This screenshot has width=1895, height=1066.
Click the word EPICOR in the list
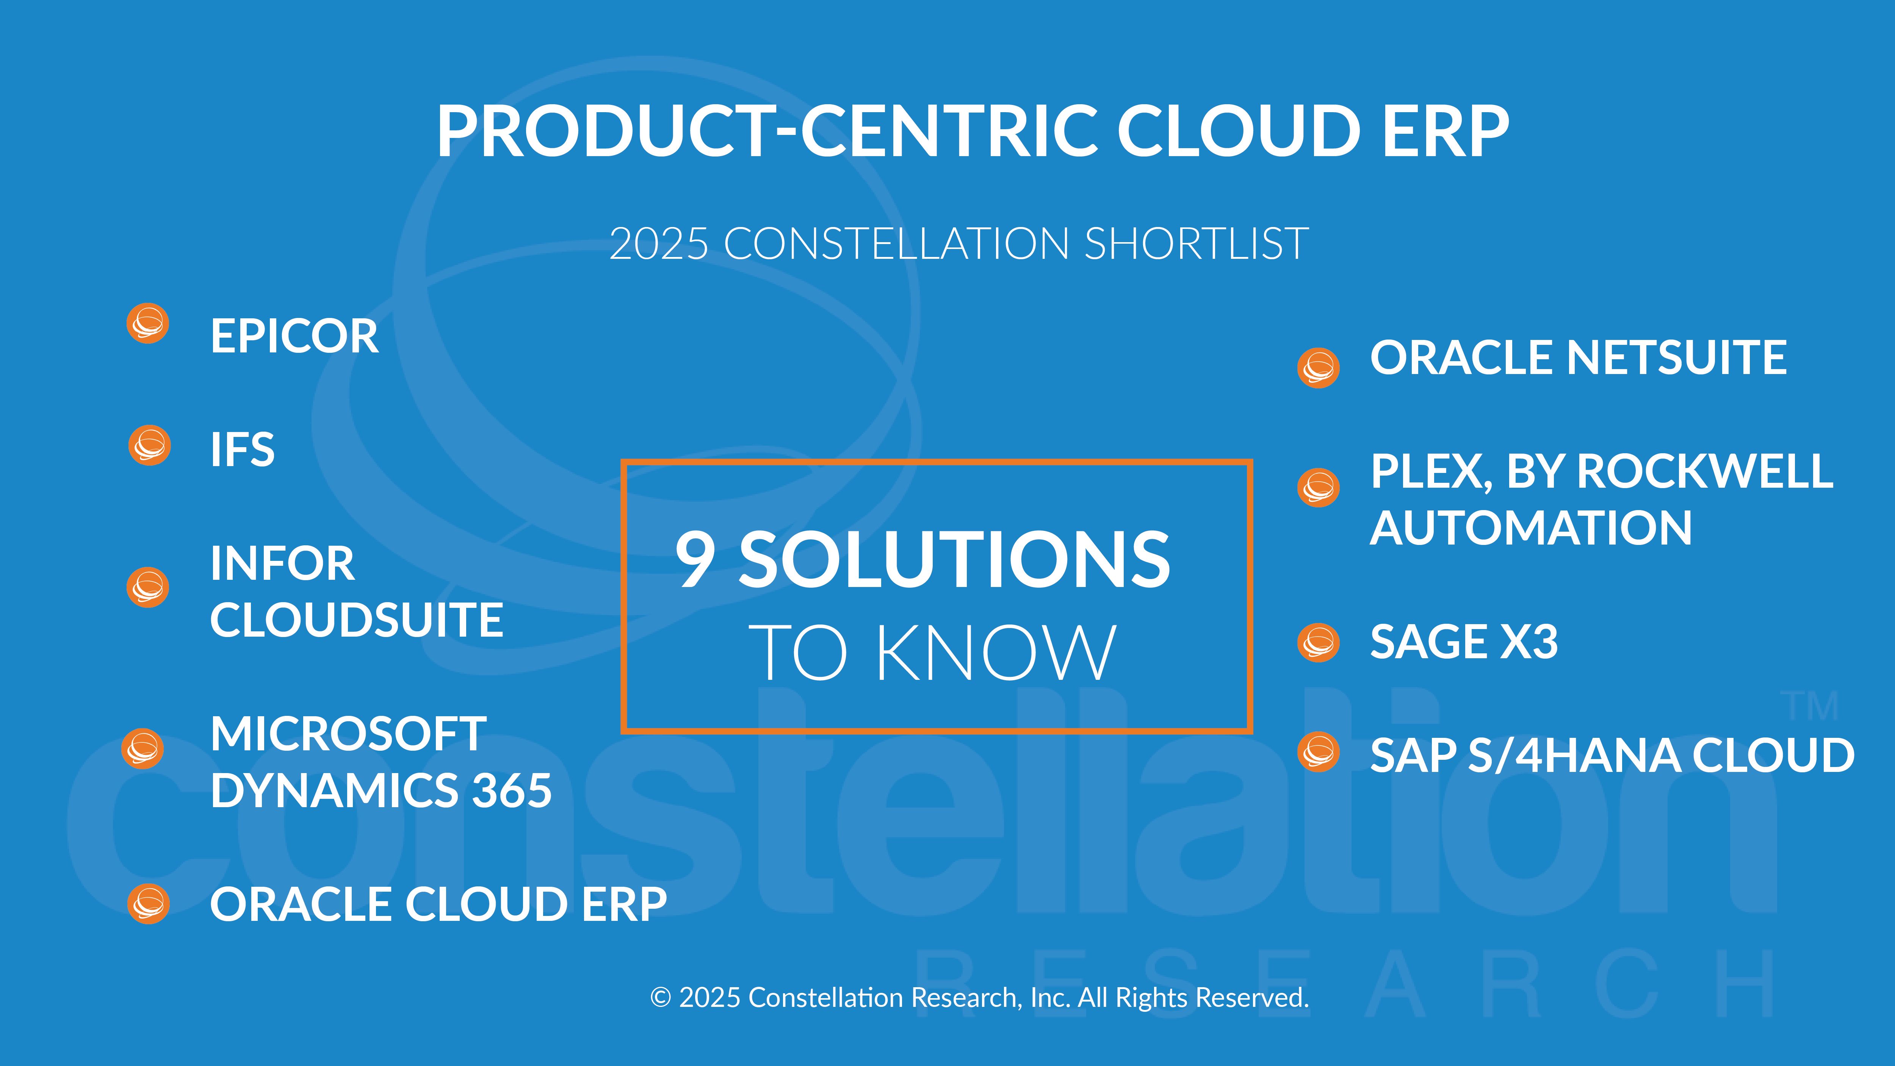[294, 336]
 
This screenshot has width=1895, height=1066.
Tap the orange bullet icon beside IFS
[149, 445]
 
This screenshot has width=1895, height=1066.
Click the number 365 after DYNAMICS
[512, 790]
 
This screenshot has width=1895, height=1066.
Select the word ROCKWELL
[1706, 471]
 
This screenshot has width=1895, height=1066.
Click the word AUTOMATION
[1531, 528]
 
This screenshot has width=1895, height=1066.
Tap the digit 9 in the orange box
[695, 560]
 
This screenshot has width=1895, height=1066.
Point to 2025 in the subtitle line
[659, 244]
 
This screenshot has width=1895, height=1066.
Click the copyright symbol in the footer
[661, 997]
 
